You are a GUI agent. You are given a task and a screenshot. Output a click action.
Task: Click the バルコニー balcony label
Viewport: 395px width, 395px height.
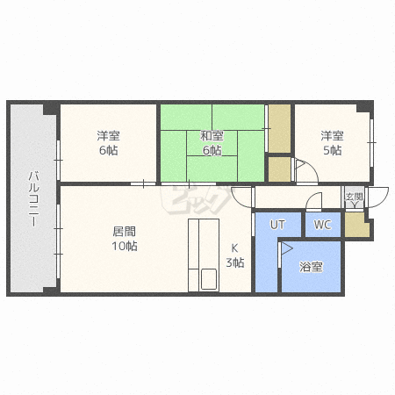click(33, 199)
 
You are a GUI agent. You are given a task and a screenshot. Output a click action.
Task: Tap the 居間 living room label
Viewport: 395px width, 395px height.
click(125, 232)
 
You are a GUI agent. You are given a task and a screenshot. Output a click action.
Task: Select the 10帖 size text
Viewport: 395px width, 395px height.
click(125, 246)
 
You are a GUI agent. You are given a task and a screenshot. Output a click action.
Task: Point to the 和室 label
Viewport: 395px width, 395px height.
click(212, 136)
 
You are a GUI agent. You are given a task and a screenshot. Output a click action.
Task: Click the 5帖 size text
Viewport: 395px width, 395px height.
click(333, 150)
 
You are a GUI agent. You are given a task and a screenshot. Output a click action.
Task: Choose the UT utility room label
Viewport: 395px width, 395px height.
click(277, 225)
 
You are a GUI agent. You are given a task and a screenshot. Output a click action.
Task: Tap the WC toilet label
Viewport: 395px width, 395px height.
click(322, 225)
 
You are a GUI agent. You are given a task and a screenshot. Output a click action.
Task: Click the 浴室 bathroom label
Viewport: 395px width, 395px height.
click(311, 267)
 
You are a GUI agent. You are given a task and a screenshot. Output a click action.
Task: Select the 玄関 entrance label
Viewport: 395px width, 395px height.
click(354, 197)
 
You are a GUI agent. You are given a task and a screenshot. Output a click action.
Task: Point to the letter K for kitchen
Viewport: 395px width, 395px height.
click(234, 248)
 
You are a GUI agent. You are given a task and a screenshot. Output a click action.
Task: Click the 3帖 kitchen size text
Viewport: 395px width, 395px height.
click(235, 262)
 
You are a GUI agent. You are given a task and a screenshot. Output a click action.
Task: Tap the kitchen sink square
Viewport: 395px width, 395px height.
click(209, 279)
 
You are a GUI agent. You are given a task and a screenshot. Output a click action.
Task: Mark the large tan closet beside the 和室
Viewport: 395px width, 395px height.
click(279, 128)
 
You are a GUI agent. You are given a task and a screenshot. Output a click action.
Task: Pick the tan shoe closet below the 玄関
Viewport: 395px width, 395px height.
click(355, 225)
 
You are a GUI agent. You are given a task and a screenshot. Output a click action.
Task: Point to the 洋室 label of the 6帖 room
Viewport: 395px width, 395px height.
click(109, 136)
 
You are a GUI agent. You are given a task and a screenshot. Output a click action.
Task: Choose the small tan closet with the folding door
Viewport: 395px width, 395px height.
click(279, 169)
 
